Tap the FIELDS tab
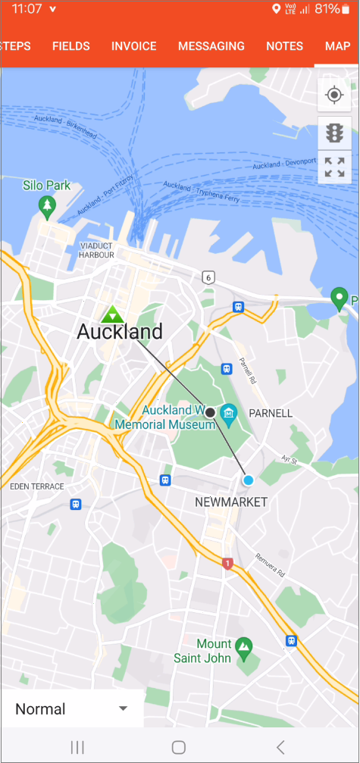[71, 46]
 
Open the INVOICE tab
[133, 46]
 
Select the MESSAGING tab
[211, 46]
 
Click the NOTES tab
[285, 46]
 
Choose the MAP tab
[337, 46]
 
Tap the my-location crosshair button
[334, 95]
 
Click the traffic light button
[334, 133]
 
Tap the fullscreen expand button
[334, 167]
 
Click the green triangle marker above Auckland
[113, 314]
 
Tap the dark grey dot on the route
[210, 412]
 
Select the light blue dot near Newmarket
[248, 480]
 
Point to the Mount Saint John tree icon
[243, 646]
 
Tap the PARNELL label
[270, 414]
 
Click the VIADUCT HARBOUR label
[96, 250]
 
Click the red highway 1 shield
[227, 563]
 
